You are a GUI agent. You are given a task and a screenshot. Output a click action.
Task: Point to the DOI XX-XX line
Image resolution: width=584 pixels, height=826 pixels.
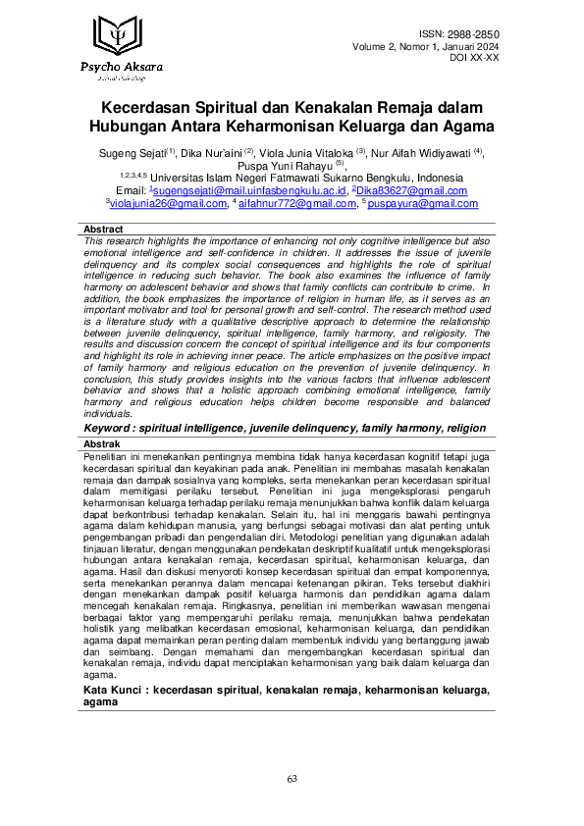click(475, 59)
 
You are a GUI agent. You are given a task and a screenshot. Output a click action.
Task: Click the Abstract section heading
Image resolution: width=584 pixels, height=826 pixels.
click(104, 229)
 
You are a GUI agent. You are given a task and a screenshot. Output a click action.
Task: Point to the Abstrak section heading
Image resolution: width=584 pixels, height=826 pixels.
click(104, 443)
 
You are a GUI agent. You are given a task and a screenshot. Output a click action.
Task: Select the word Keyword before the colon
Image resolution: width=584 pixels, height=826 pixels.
click(111, 429)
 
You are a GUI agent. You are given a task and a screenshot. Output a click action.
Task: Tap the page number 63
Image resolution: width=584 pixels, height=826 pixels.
click(292, 778)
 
